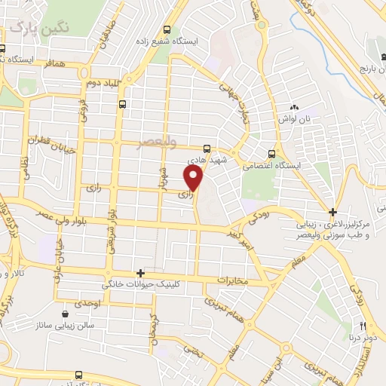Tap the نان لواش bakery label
293,120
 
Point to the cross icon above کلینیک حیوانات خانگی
140,273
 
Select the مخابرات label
232,280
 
